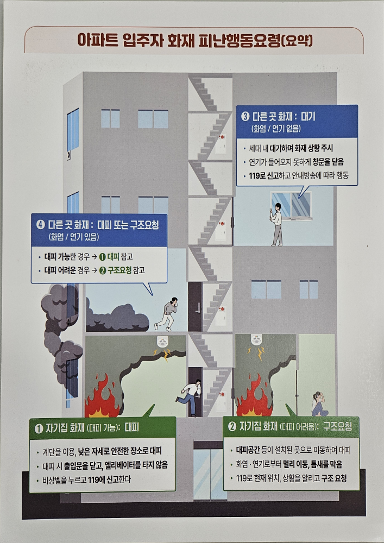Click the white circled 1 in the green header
(39, 428)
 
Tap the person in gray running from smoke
(167, 314)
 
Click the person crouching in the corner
(319, 404)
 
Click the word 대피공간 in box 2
(248, 450)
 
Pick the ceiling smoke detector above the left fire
(162, 342)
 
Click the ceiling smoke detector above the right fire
(256, 340)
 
